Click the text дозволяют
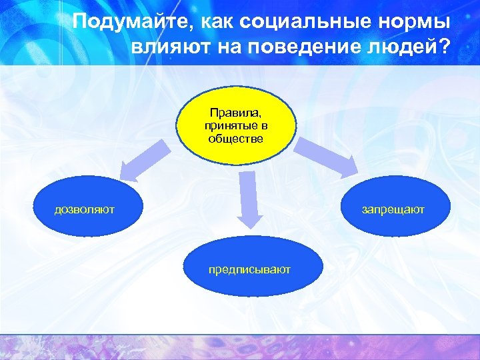tap(84, 210)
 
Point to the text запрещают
tap(393, 210)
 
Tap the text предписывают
tap(249, 270)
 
